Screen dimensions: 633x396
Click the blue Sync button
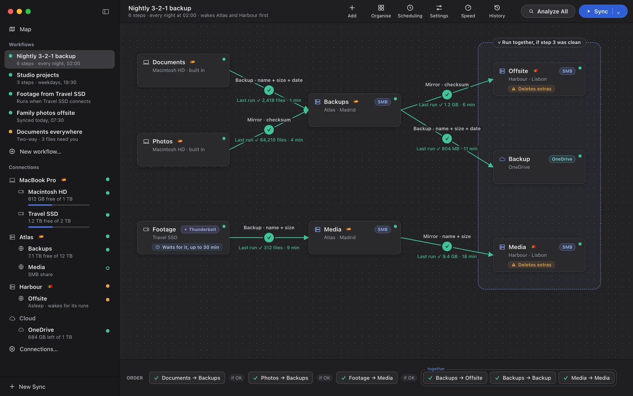(x=596, y=11)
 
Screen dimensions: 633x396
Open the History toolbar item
(x=497, y=11)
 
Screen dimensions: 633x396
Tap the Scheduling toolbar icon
(x=410, y=8)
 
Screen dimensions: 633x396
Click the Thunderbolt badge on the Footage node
(x=200, y=229)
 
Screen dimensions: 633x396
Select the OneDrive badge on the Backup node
(x=562, y=159)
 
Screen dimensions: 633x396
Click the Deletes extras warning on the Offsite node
(x=531, y=89)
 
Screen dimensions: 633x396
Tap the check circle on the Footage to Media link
(x=269, y=237)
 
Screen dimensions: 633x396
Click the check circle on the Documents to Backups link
(x=269, y=90)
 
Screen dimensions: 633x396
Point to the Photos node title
(x=162, y=141)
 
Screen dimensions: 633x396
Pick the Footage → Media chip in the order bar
(x=367, y=377)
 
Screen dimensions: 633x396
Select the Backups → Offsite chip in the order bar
(x=455, y=377)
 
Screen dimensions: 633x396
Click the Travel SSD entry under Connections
(x=43, y=214)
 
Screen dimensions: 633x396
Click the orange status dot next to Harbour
(x=108, y=286)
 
